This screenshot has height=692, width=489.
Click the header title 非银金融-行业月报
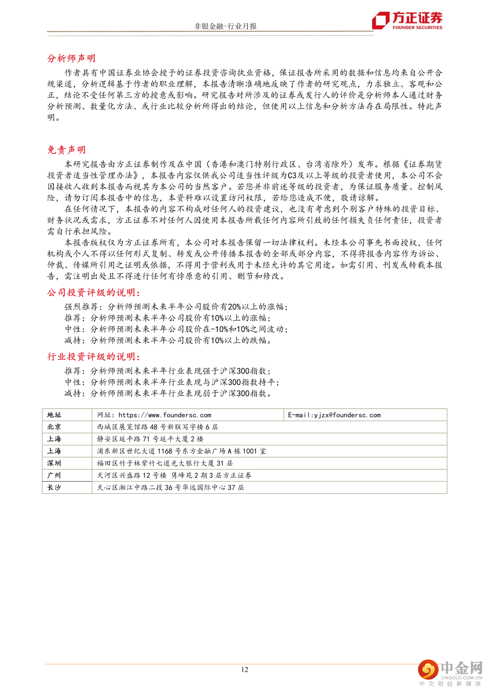pos(225,26)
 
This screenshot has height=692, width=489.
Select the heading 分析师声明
pos(72,58)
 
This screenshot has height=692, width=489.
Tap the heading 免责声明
pos(67,150)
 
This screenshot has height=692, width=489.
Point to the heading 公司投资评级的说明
pos(94,293)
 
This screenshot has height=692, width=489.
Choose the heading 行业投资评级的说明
pos(94,357)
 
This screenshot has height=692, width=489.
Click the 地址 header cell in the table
pos(54,415)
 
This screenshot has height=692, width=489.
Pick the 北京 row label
pos(54,427)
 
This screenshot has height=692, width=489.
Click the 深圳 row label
pos(54,463)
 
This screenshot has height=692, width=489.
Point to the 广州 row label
pos(54,476)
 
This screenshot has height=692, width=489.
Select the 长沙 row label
pos(54,488)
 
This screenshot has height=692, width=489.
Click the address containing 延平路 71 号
pos(150,439)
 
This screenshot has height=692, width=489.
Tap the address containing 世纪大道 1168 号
pos(181,451)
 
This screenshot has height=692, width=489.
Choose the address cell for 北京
pos(157,427)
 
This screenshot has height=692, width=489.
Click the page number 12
pos(244,670)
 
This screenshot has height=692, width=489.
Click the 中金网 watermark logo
pos(450,673)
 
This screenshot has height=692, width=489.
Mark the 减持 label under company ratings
pos(73,341)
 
